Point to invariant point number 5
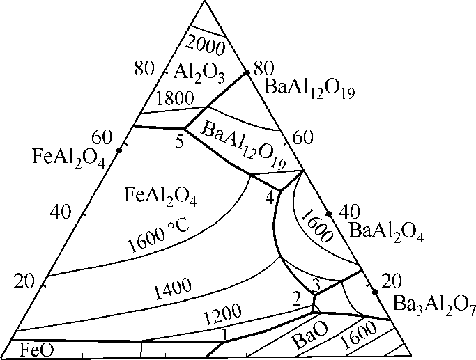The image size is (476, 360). (x=179, y=141)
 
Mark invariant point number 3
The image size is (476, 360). (x=315, y=284)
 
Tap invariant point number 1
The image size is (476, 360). (x=224, y=334)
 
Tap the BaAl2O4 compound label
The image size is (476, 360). (x=385, y=228)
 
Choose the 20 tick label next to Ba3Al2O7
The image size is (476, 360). (x=392, y=281)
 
